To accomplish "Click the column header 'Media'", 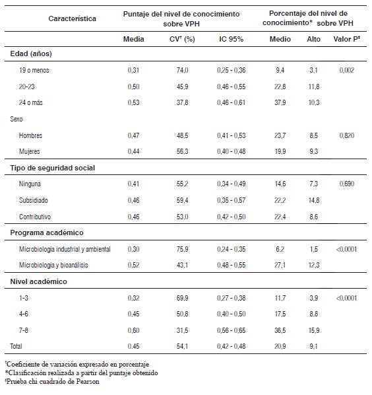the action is tap(133, 39).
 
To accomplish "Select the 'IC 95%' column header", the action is tap(231, 39).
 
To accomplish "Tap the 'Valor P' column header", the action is tap(347, 39).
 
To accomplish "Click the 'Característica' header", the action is tap(72, 18).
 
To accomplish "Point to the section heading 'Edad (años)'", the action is tap(31, 54).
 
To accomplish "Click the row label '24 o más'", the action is tap(31, 102).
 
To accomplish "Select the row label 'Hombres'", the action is tap(31, 135).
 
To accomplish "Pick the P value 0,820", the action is tap(347, 135).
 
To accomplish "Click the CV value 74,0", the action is tap(182, 70).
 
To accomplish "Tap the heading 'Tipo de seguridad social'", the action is tap(53, 168).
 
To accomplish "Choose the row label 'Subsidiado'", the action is tap(34, 200).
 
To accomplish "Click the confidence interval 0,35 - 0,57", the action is tap(231, 200).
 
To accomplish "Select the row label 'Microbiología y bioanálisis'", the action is tap(53, 265).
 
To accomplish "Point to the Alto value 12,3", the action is tap(314, 265).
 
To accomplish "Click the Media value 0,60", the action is tap(133, 330).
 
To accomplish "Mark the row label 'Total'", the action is tap(16, 346).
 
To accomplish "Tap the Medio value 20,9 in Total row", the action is tap(280, 346).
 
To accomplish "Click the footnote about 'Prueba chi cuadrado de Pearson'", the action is tap(52, 381).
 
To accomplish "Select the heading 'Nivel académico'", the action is tap(38, 281).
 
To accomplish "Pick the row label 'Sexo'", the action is tap(16, 119).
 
